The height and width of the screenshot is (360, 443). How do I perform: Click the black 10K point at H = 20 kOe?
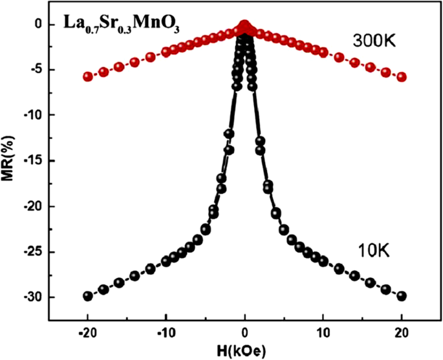click(402, 296)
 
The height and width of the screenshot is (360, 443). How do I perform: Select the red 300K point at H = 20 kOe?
click(402, 77)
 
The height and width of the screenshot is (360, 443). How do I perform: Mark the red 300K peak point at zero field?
click(245, 26)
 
